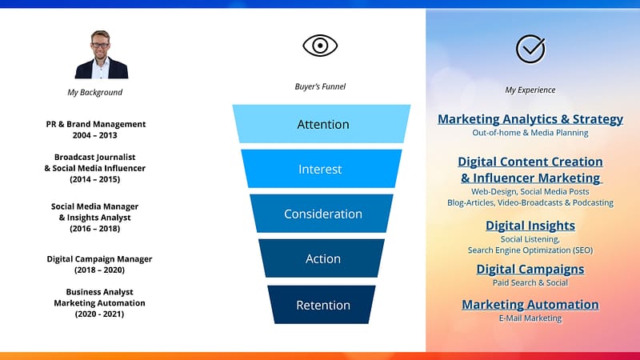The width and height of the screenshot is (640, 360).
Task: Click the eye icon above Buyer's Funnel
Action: pos(320,46)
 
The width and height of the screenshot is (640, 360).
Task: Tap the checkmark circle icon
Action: pos(530,49)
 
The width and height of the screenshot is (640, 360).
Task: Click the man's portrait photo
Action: pos(102,54)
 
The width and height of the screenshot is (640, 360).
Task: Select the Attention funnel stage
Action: pos(322,124)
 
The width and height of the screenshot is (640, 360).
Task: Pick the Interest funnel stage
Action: pos(322,169)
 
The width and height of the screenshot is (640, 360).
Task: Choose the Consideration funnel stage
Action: pos(322,214)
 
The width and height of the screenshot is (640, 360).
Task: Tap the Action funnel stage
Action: pos(322,258)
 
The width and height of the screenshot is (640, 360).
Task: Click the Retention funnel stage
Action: pos(322,305)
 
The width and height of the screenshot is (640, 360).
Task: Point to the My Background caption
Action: pos(94,92)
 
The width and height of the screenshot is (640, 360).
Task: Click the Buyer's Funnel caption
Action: pos(320,86)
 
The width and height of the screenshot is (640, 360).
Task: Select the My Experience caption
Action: pos(530,90)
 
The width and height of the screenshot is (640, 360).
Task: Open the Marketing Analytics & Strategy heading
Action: pos(530,118)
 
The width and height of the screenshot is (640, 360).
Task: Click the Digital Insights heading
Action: pos(530,226)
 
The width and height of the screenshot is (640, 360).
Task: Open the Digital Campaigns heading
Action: pos(530,269)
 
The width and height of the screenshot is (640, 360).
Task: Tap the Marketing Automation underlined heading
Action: pos(530,304)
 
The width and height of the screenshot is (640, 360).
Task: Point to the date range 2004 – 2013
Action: pos(94,135)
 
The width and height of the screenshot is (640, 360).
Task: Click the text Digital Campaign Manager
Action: pos(99,258)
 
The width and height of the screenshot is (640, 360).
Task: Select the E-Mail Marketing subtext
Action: pos(530,318)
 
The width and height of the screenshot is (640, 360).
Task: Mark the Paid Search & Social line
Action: pos(530,282)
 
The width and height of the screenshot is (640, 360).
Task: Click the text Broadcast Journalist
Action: pos(94,157)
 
